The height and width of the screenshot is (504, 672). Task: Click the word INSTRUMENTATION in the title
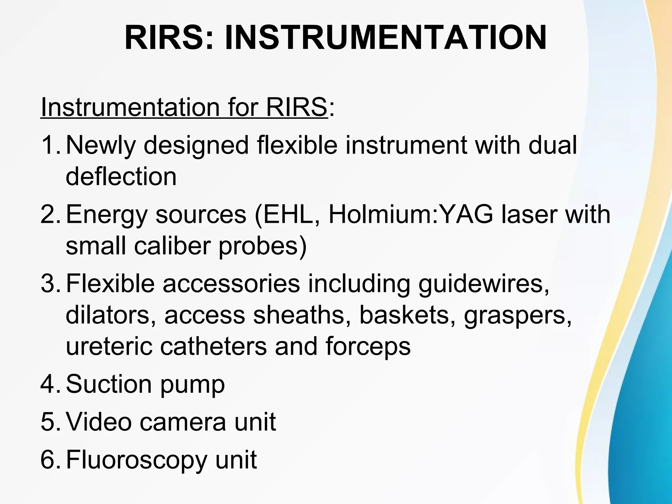(386, 38)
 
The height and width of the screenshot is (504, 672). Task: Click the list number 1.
(49, 145)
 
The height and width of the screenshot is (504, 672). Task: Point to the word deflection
(121, 177)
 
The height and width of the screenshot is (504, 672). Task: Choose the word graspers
(517, 316)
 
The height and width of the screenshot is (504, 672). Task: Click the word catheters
(213, 346)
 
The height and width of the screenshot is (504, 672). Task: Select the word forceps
(368, 347)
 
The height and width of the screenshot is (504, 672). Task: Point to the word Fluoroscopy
(136, 460)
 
